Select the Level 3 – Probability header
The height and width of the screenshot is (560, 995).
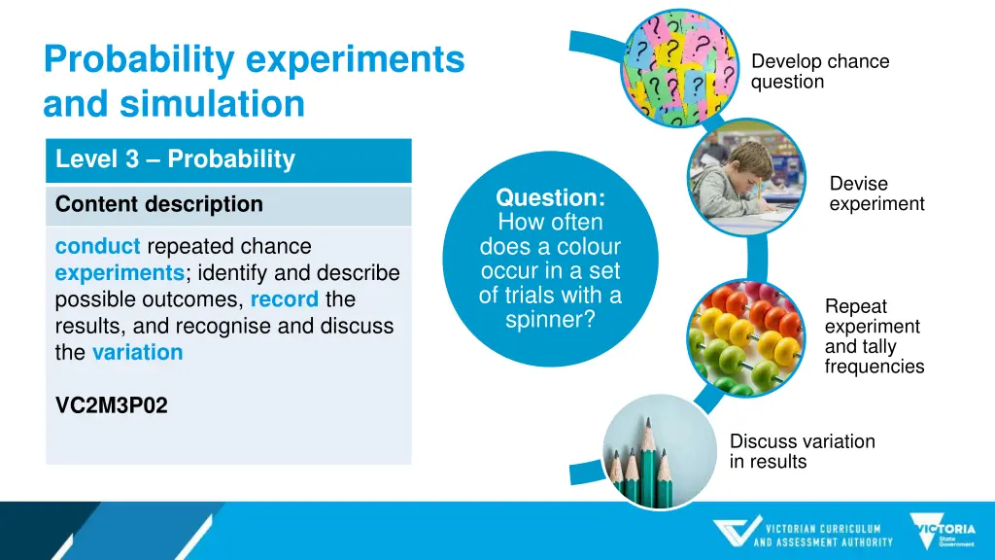[175, 159]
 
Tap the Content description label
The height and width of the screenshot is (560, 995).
[158, 204]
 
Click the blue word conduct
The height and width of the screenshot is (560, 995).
[97, 247]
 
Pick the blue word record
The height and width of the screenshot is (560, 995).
[284, 299]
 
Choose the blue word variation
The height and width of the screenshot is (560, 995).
[137, 352]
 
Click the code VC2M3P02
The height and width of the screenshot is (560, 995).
[111, 406]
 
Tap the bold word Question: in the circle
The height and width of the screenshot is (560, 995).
[550, 198]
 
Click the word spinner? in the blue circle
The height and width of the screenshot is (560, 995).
[550, 319]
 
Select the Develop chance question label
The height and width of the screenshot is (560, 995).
[819, 72]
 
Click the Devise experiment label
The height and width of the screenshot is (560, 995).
[876, 193]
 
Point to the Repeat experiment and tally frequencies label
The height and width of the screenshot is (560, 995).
[874, 336]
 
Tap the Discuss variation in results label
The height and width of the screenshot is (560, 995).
[802, 451]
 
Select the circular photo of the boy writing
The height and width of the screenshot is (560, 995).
[745, 176]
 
